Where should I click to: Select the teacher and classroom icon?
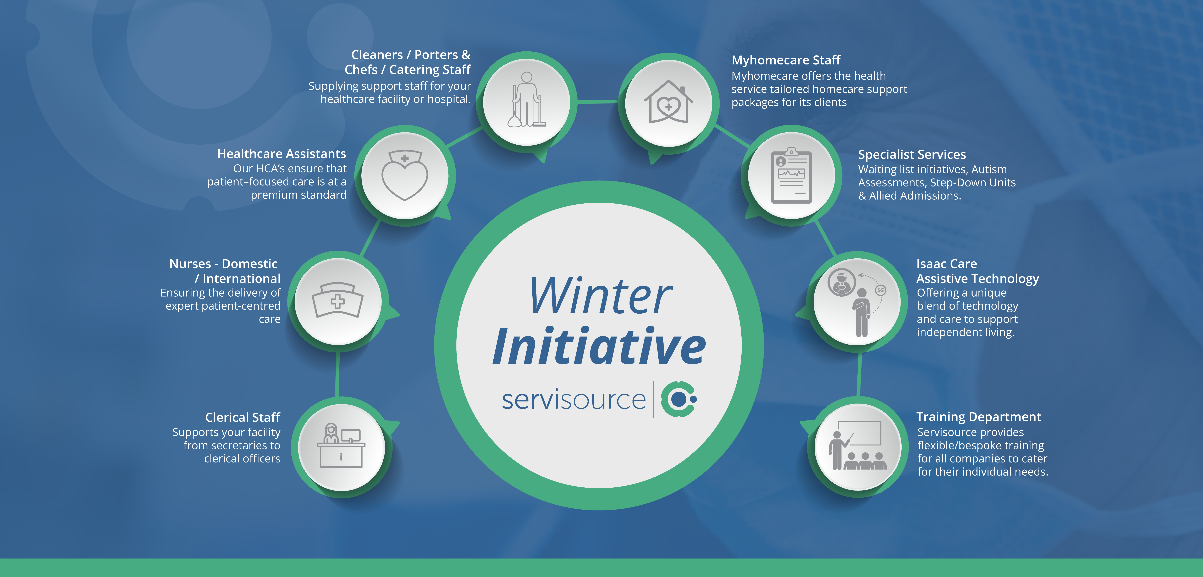(x=857, y=445)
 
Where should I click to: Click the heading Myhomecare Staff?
(x=786, y=60)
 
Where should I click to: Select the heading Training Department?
(x=978, y=417)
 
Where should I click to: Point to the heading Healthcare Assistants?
(x=282, y=154)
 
